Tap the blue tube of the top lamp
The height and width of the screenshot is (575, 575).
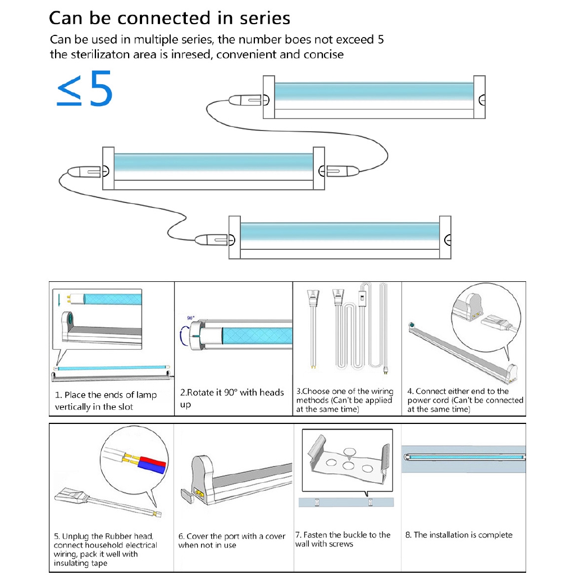pyautogui.click(x=374, y=92)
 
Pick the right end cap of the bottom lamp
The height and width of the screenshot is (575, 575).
pyautogui.click(x=445, y=238)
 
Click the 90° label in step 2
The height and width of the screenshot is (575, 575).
pyautogui.click(x=191, y=318)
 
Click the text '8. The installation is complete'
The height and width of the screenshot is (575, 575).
pyautogui.click(x=459, y=535)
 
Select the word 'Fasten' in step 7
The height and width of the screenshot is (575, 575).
pyautogui.click(x=316, y=535)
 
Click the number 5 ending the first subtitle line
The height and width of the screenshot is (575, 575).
pyautogui.click(x=381, y=40)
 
